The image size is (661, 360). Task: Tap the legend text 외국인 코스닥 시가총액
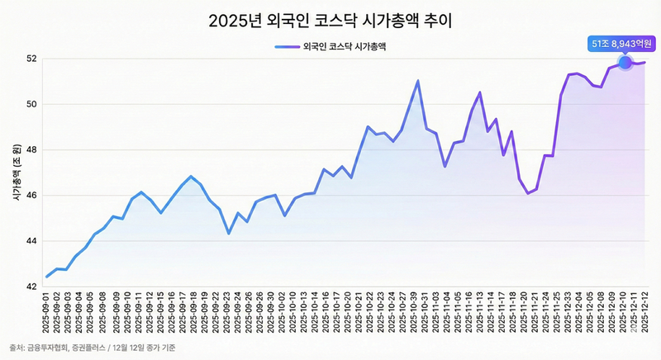click(x=346, y=47)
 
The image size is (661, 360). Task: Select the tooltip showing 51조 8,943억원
click(x=617, y=42)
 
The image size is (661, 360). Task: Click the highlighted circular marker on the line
click(x=625, y=62)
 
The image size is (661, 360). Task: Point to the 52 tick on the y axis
click(x=31, y=59)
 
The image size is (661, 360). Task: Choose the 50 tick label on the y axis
click(x=31, y=104)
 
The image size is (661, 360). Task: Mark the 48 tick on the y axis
click(x=31, y=150)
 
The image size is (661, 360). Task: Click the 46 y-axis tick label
click(x=31, y=196)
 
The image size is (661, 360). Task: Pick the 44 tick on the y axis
click(x=31, y=241)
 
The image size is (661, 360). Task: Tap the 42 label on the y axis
click(x=31, y=287)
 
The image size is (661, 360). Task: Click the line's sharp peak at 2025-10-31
click(x=418, y=81)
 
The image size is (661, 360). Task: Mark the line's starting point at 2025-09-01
click(x=46, y=277)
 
